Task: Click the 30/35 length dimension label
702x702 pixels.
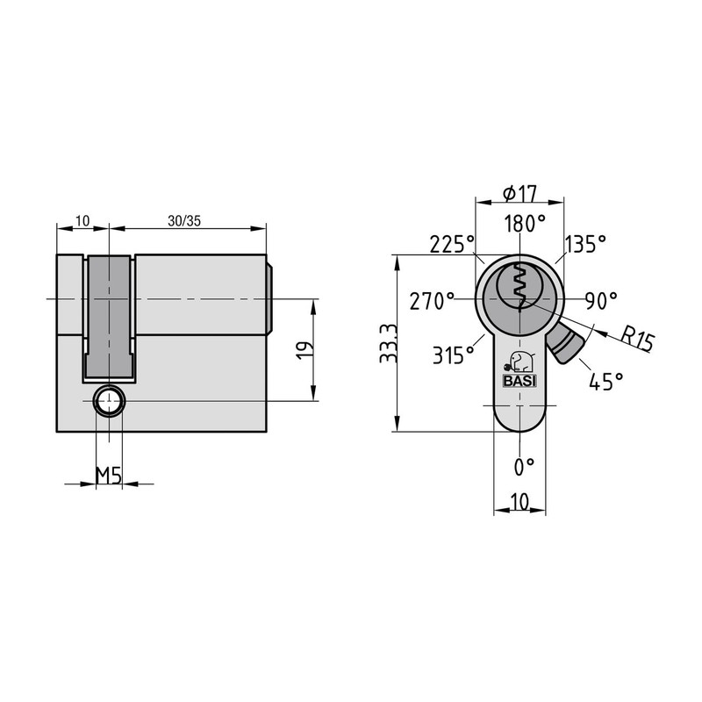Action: pos(184,221)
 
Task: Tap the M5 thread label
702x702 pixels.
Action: pos(109,476)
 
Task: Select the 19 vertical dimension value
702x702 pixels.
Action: pos(304,350)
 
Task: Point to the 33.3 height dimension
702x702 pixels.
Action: pos(388,343)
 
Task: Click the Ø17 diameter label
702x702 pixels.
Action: pos(519,193)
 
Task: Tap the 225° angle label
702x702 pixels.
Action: pos(452,245)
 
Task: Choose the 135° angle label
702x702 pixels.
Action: pos(585,245)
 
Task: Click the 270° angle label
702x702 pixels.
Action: pos(432,301)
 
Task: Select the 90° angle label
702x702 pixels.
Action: pos(601,301)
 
